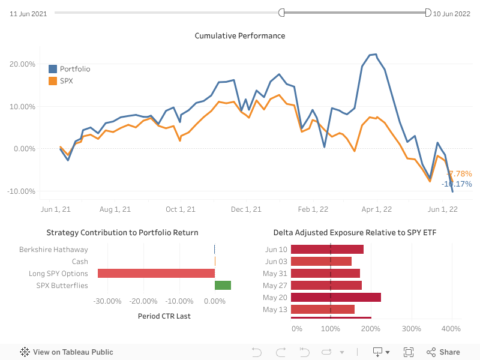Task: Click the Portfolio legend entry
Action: [74, 69]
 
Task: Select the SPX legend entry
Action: [66, 80]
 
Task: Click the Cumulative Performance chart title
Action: [240, 36]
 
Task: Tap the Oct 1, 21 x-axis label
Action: [180, 209]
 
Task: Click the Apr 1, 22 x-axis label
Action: [377, 209]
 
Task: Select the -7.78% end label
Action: [460, 173]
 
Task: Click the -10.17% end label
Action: [457, 184]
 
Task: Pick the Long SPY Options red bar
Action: [156, 274]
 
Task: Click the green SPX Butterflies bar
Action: [223, 286]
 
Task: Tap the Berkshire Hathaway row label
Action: [53, 250]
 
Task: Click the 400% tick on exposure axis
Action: [451, 329]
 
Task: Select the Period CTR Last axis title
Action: [164, 316]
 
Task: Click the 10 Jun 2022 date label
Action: [452, 13]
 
